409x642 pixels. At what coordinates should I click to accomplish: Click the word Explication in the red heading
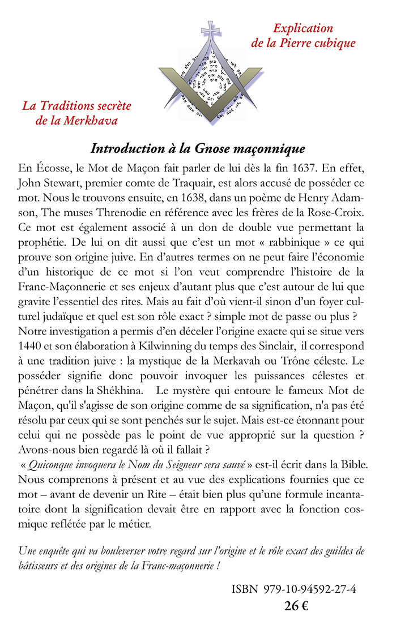pos(303,28)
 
